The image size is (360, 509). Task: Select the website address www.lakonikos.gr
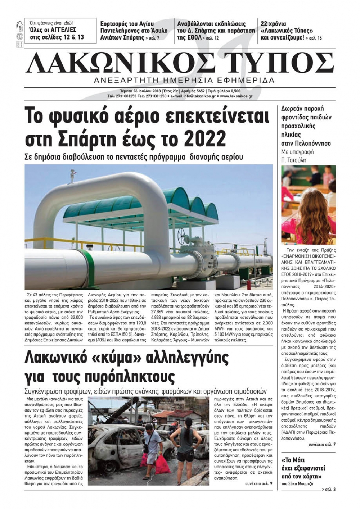click(236, 96)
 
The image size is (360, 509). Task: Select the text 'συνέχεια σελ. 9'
click(258, 483)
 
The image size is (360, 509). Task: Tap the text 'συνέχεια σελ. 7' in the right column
click(322, 445)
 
